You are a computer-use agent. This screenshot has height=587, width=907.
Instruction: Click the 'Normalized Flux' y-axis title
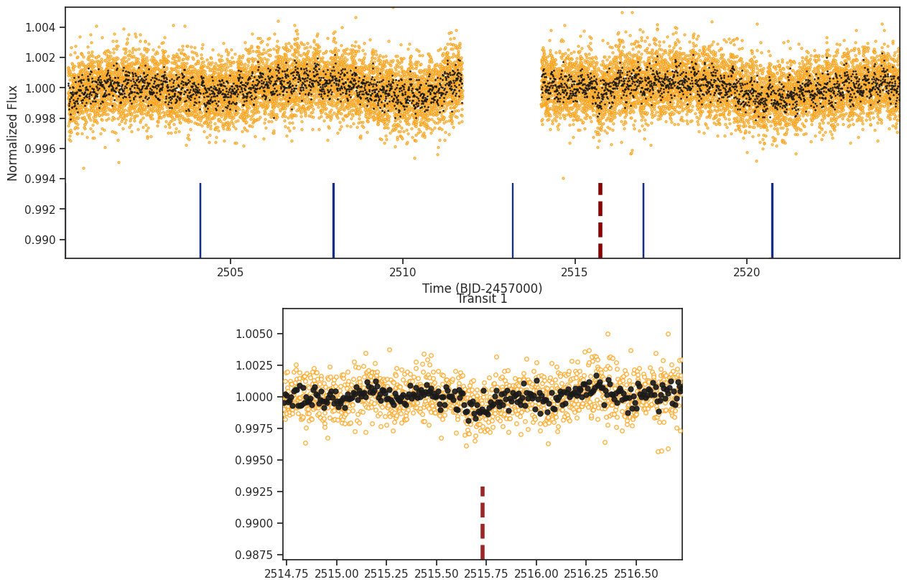12,133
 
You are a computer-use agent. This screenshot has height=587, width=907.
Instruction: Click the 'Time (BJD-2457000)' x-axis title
482,288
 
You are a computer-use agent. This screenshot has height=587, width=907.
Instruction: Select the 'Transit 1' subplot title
482,299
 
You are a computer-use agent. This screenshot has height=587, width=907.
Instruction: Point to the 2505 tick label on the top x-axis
231,272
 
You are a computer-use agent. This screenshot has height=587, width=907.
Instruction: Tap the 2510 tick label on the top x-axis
402,272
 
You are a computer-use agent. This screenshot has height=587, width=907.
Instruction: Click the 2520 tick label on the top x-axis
747,272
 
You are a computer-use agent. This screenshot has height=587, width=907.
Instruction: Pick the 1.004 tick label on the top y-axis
40,27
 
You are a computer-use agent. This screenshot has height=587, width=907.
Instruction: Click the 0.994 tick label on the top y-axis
40,179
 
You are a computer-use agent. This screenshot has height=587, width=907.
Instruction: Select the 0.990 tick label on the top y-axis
40,240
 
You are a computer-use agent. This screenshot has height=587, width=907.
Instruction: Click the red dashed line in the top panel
600,220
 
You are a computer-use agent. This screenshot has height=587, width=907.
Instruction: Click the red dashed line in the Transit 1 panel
483,523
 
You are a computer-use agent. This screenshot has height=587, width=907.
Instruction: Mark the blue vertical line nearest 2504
200,220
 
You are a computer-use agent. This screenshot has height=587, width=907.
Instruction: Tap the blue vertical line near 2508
334,220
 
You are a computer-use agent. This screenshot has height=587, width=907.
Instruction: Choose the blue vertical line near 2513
513,220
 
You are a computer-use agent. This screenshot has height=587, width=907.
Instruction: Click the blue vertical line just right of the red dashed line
643,220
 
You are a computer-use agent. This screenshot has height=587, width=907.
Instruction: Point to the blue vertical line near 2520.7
772,220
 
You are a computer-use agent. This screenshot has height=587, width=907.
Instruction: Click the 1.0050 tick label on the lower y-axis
254,334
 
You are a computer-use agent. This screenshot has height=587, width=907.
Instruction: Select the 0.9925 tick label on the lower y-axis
254,492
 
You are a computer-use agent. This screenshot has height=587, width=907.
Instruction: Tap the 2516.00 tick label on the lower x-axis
536,573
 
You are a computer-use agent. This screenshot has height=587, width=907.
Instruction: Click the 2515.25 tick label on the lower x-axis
386,573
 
